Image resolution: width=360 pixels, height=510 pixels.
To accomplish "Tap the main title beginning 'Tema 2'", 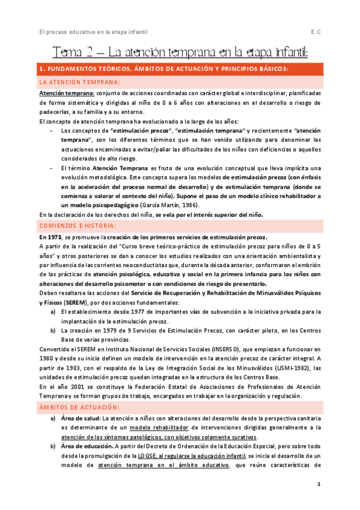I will [180, 52].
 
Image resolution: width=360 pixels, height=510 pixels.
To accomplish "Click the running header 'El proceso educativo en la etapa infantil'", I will [93, 32].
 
